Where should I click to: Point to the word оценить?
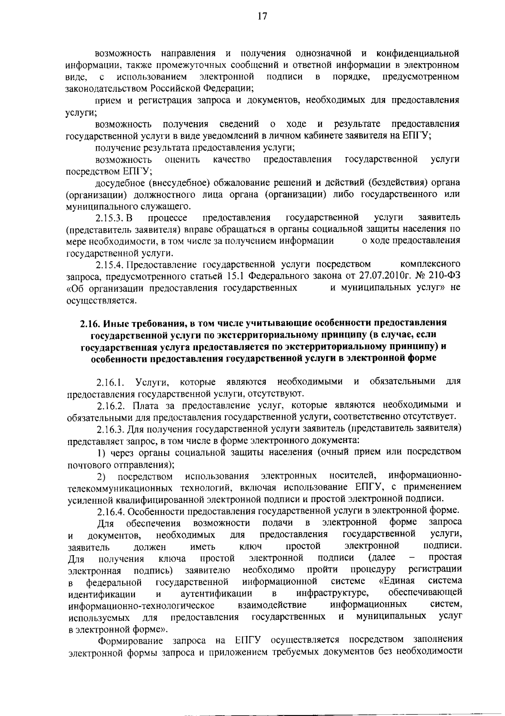click(182, 160)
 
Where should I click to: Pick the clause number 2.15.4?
click(110, 265)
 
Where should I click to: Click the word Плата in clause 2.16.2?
click(145, 405)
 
